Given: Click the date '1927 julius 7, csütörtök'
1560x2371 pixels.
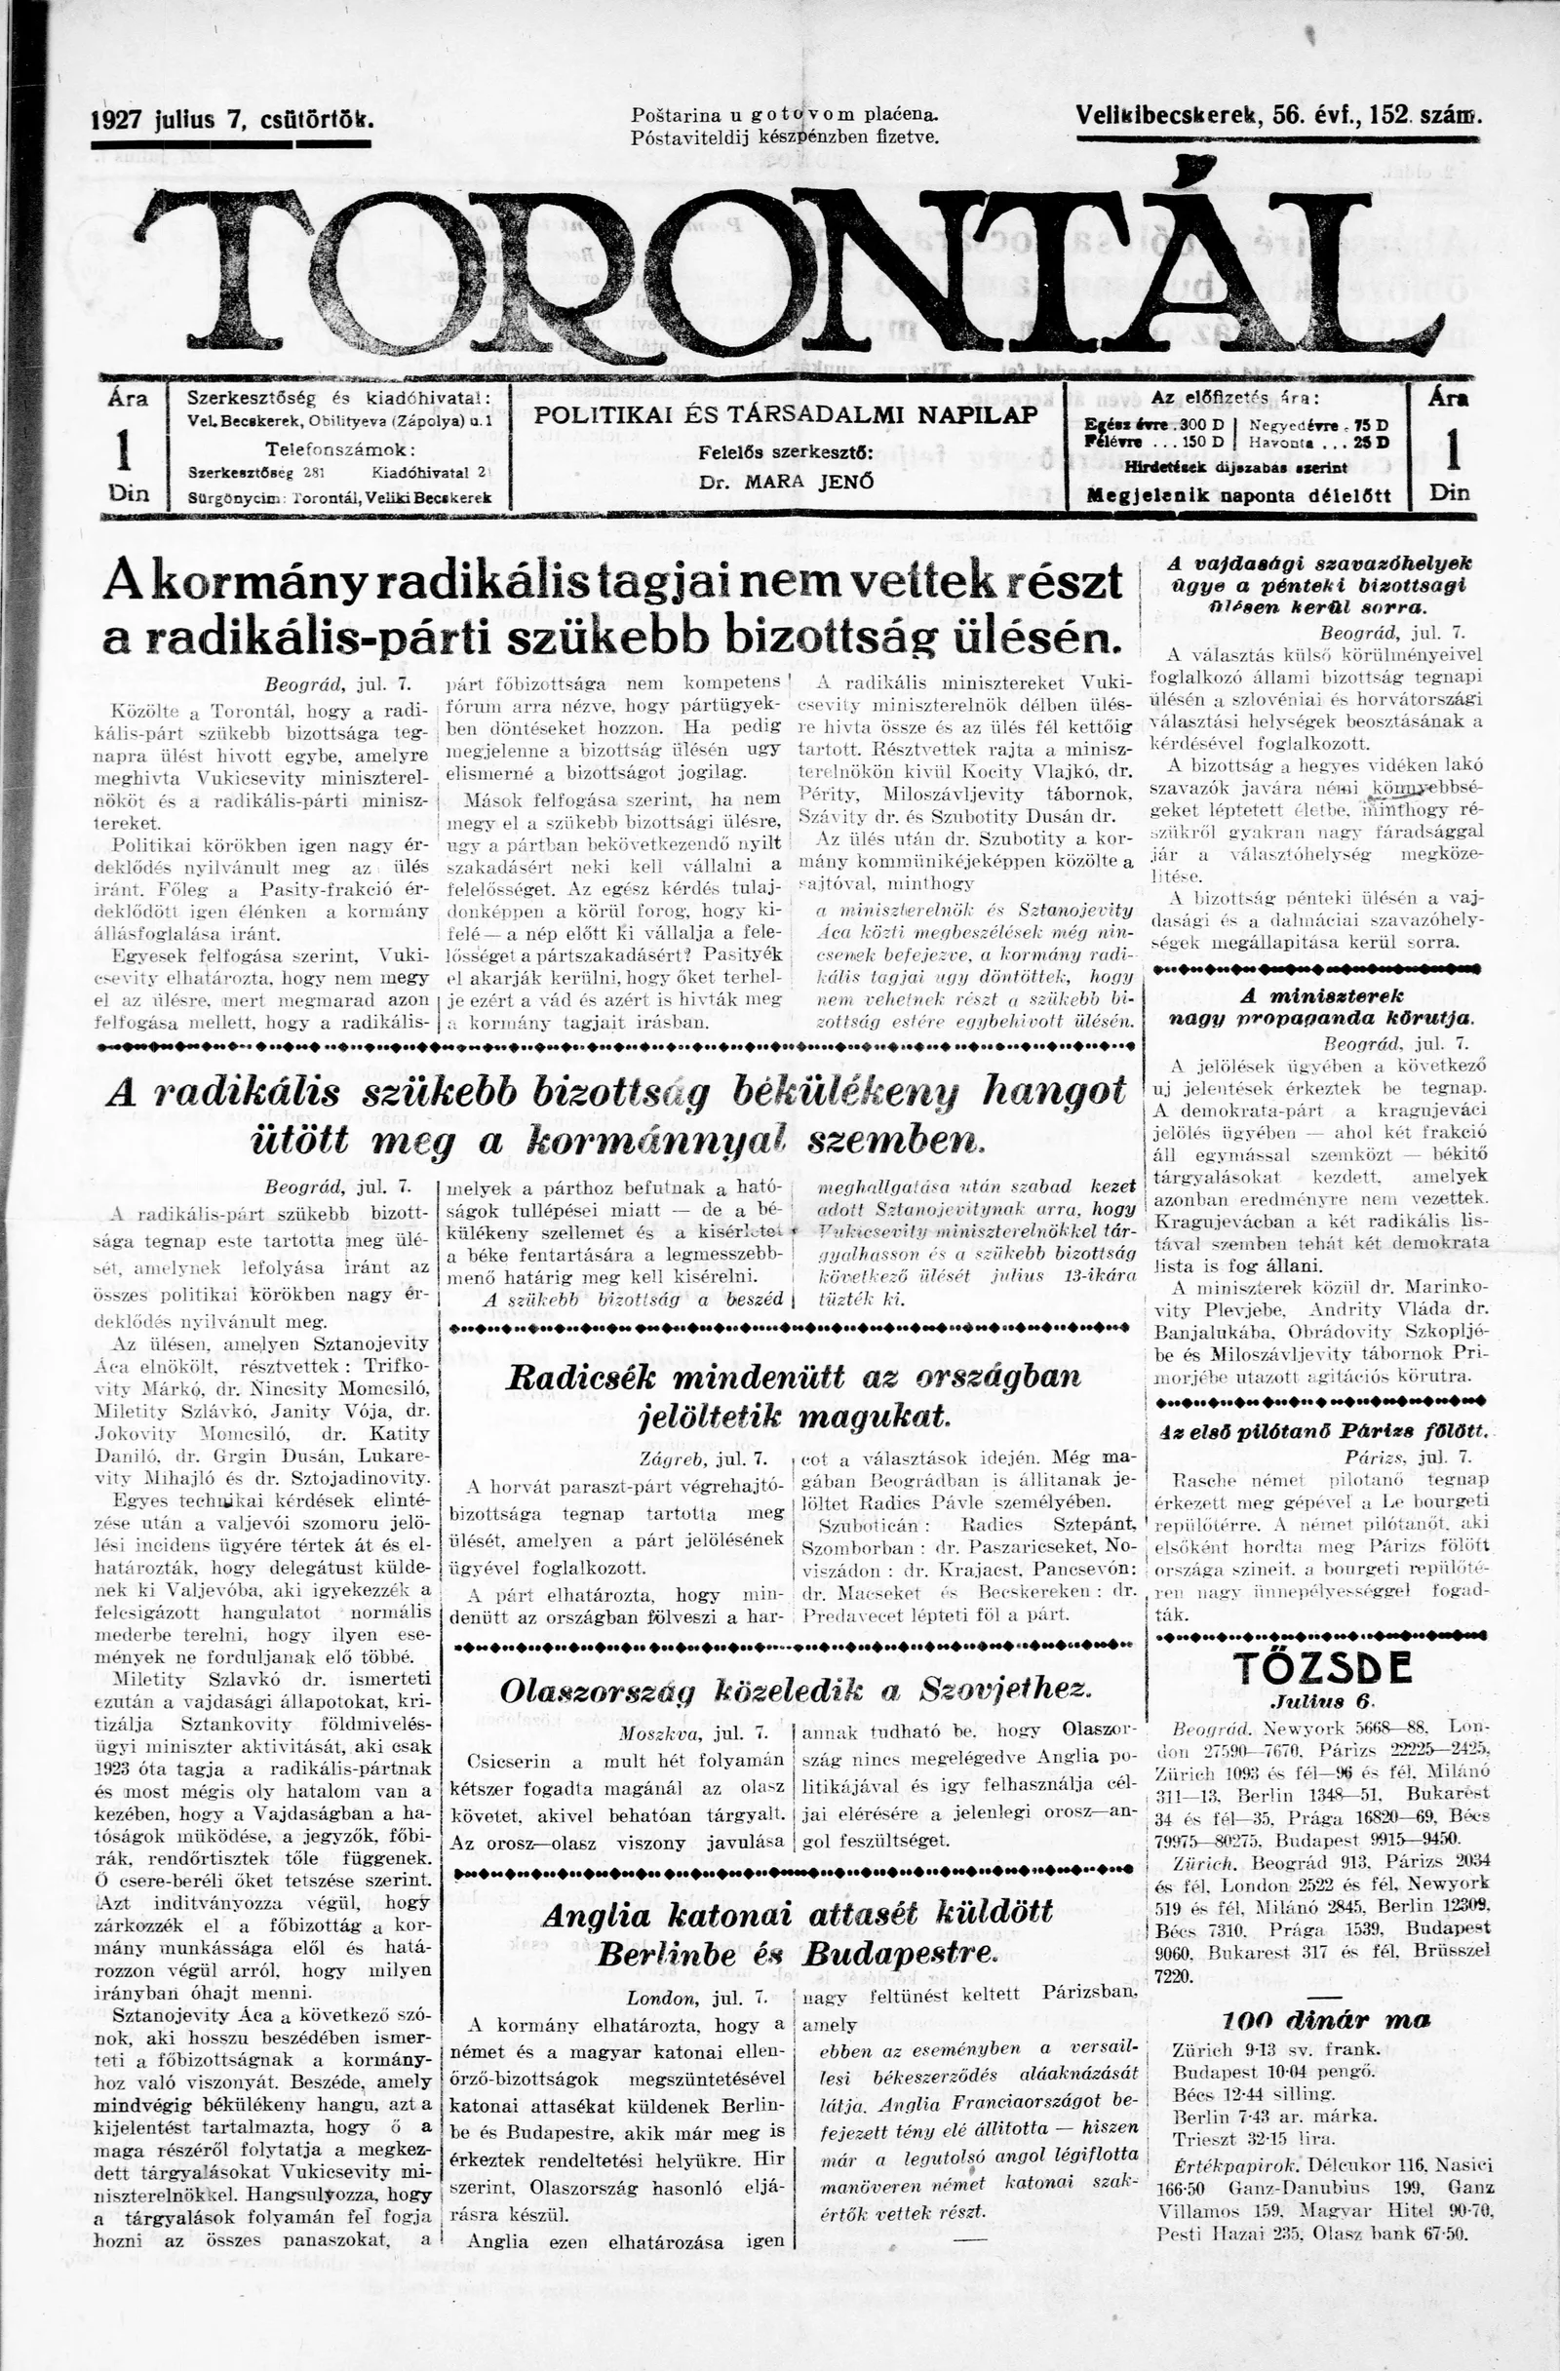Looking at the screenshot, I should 232,121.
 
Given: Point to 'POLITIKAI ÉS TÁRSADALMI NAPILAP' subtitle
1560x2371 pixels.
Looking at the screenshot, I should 786,415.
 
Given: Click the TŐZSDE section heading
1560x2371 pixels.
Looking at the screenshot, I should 1322,1668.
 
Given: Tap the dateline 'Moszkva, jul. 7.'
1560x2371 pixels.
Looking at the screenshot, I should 692,1732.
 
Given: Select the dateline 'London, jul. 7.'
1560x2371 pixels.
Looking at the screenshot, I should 696,1998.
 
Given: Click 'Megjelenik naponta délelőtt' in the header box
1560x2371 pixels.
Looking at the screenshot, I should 1238,495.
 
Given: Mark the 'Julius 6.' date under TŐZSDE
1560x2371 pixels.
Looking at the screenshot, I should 1322,1700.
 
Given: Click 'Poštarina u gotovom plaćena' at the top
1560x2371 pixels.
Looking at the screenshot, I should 785,116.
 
